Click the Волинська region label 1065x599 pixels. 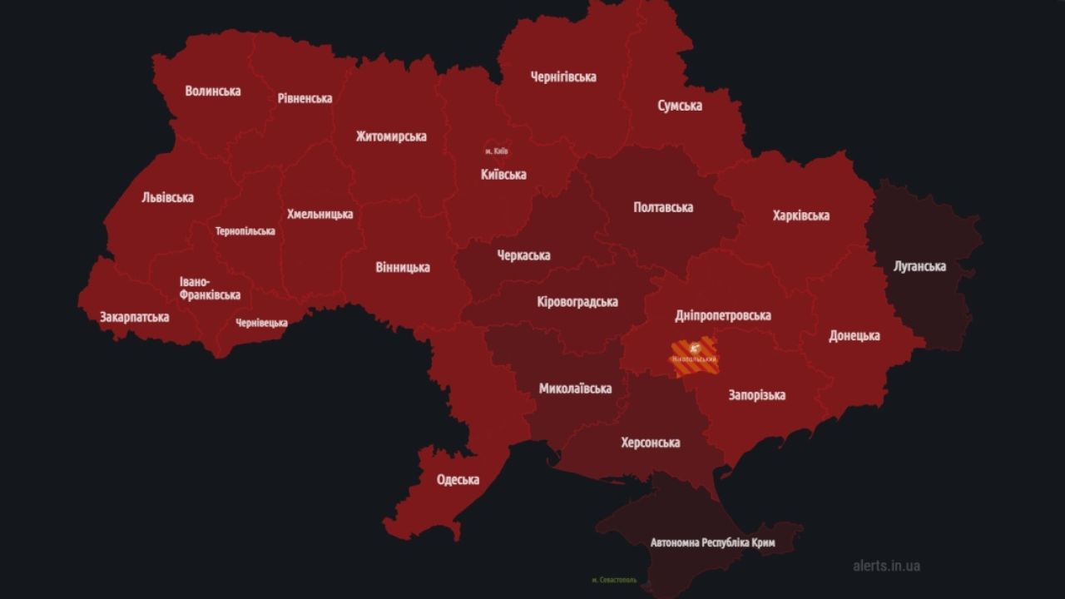coord(213,91)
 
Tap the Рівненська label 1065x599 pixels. coord(305,98)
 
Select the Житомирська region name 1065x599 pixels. coord(391,136)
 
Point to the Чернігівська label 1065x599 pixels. coord(563,77)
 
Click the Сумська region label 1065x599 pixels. coord(680,106)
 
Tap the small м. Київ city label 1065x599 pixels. coord(496,151)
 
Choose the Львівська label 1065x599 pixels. coord(167,197)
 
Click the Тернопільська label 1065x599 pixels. coord(245,231)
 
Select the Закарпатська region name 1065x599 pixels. coord(134,317)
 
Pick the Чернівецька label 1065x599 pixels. coord(261,323)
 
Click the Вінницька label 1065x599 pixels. coord(403,267)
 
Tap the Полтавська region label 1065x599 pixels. coord(663,207)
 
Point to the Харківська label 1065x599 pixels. coord(800,215)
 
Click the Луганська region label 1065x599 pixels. coord(919,266)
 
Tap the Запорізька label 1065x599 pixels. coord(756,395)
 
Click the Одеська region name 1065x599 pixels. coord(458,480)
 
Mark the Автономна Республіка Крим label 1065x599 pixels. coord(712,542)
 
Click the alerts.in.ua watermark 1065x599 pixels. coord(886,566)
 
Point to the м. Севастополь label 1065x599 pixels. coord(614,580)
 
